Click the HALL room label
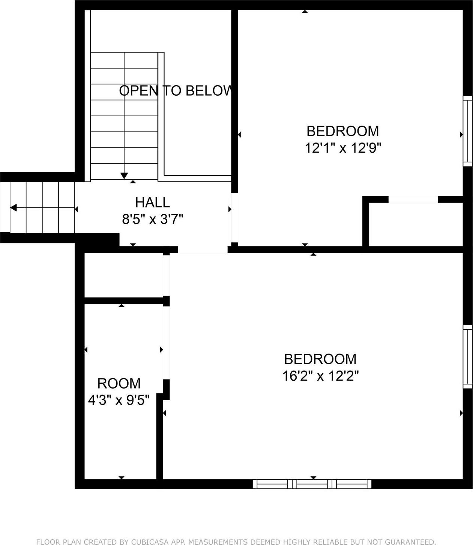click(152, 203)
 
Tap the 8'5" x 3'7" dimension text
click(152, 219)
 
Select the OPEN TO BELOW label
click(176, 91)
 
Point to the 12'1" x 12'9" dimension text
click(342, 148)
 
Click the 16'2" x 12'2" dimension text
click(320, 375)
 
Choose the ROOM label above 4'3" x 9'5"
click(119, 383)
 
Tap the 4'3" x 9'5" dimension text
click(119, 400)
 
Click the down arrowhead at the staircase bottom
click(124, 176)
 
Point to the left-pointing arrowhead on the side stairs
click(14, 208)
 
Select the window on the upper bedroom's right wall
click(467, 131)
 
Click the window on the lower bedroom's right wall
click(467, 357)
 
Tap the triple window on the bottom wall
click(312, 484)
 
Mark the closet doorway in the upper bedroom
click(413, 199)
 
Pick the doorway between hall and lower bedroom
click(203, 250)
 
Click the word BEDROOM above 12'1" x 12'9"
click(342, 131)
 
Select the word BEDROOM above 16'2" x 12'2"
click(320, 359)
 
